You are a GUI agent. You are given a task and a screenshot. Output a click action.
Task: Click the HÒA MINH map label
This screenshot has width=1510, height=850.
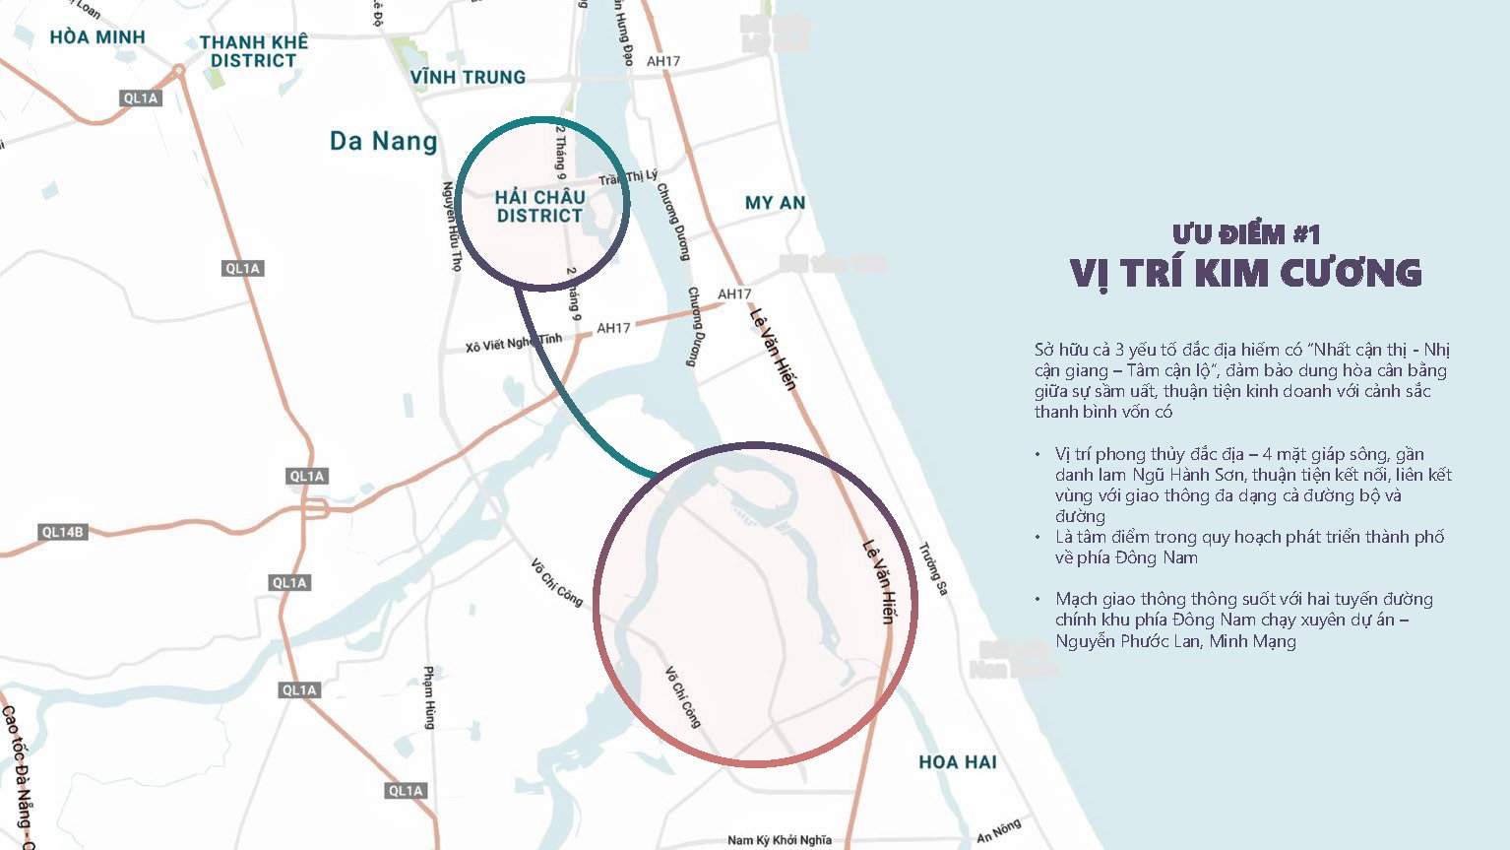click(x=97, y=37)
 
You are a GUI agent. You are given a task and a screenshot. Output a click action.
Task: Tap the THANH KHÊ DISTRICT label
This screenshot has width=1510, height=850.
click(x=254, y=51)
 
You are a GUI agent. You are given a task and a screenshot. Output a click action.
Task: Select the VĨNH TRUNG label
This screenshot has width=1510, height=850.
click(x=468, y=77)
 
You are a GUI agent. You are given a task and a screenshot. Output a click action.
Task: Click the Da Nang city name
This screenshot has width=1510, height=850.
click(x=383, y=141)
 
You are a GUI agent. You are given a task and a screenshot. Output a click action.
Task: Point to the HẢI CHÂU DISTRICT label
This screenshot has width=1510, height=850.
click(x=539, y=206)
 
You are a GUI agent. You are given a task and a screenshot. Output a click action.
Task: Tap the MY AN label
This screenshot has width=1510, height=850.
click(x=775, y=203)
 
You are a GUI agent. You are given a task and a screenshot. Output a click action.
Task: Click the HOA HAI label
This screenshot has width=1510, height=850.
click(x=957, y=762)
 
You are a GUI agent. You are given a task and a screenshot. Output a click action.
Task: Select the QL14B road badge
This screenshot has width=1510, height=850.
click(x=63, y=532)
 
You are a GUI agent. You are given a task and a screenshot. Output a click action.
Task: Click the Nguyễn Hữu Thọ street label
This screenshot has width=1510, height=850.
click(x=452, y=226)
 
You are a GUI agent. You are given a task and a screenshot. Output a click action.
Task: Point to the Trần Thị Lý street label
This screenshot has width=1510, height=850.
click(x=628, y=177)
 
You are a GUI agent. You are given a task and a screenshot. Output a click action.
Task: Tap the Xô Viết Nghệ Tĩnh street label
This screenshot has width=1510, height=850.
click(x=514, y=342)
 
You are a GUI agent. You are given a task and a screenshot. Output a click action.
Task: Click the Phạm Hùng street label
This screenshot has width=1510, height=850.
click(x=429, y=697)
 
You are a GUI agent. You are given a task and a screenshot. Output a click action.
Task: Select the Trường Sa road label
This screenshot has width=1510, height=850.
click(x=933, y=568)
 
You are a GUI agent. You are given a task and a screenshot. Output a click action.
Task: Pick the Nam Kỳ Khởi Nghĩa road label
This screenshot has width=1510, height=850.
click(x=779, y=840)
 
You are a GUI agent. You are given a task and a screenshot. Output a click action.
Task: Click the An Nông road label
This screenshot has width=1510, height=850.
click(x=998, y=831)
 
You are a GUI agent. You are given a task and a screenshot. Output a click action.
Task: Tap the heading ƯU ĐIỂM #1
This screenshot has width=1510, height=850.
click(x=1245, y=234)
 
